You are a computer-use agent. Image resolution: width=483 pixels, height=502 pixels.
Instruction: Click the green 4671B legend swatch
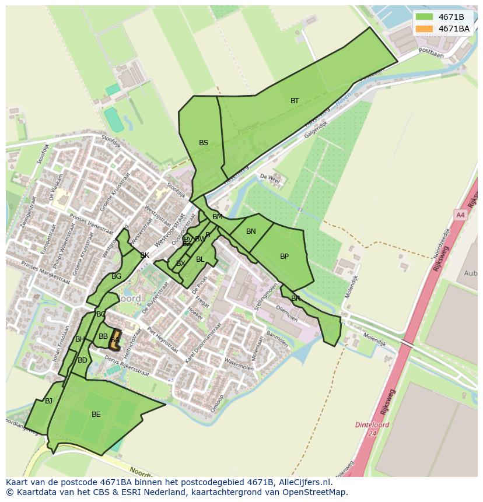[424, 17]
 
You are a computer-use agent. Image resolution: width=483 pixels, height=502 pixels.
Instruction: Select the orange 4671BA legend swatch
[424, 29]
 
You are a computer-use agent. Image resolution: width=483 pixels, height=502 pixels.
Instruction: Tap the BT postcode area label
[295, 101]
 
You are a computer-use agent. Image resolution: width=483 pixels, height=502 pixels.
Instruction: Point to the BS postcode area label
[203, 143]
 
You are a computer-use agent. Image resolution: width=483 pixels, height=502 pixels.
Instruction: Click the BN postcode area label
[251, 231]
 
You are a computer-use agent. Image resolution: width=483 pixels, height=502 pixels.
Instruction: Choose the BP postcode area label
[284, 257]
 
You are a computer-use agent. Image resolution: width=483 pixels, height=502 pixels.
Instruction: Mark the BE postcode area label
[96, 415]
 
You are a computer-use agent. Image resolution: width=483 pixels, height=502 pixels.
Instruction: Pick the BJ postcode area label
[48, 401]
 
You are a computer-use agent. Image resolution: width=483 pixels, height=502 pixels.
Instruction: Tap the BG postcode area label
[116, 276]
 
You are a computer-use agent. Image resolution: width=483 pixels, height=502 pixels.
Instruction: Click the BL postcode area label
[200, 259]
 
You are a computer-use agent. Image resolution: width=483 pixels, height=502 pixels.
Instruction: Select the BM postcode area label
[217, 217]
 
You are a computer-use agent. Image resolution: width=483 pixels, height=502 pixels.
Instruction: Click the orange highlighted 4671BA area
[114, 340]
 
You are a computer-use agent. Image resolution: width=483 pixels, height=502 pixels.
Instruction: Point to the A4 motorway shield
[460, 215]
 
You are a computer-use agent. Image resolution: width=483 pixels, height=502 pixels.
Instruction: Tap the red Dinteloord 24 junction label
[372, 429]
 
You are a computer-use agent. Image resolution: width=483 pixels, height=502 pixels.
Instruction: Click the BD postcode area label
[82, 360]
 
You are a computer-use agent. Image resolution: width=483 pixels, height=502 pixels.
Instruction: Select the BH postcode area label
[80, 339]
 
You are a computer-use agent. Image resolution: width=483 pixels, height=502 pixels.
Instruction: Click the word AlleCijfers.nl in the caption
[303, 482]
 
